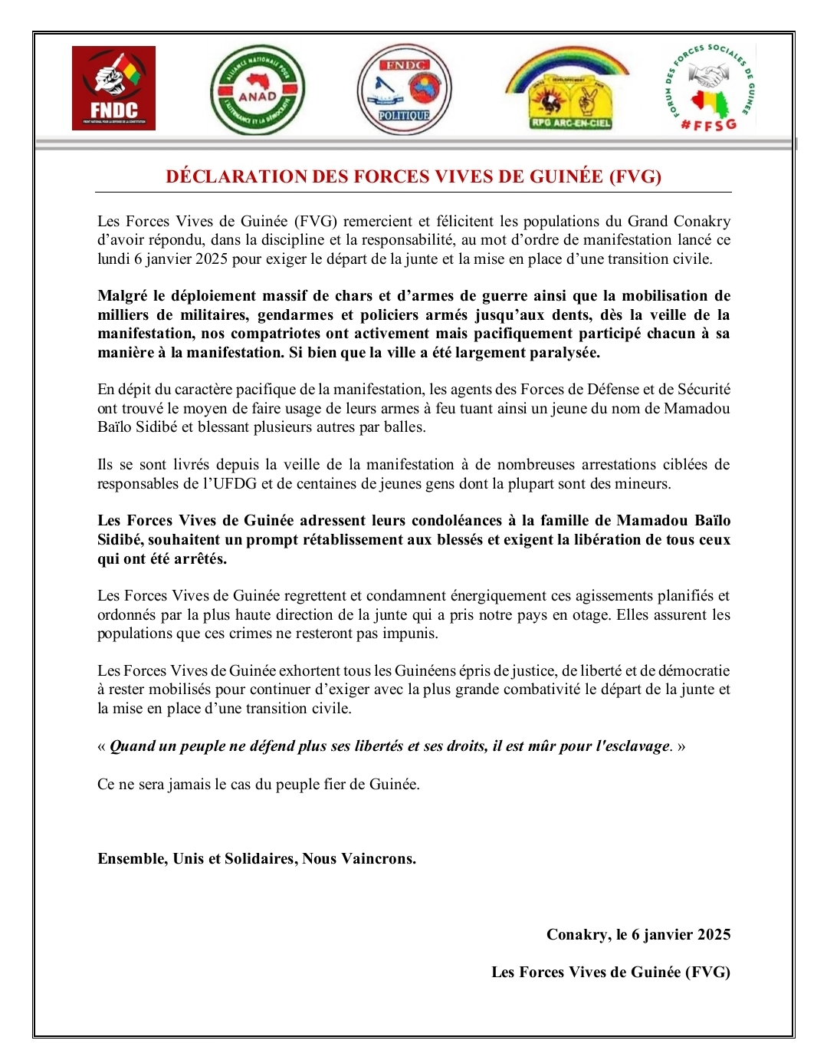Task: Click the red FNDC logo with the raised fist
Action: pyautogui.click(x=113, y=87)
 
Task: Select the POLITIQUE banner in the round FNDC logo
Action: pyautogui.click(x=404, y=116)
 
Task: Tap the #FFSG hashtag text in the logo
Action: pyautogui.click(x=708, y=124)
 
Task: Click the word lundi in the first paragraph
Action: pyautogui.click(x=113, y=259)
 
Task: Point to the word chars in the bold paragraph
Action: pyautogui.click(x=355, y=296)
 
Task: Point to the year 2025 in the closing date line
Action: pyautogui.click(x=713, y=935)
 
